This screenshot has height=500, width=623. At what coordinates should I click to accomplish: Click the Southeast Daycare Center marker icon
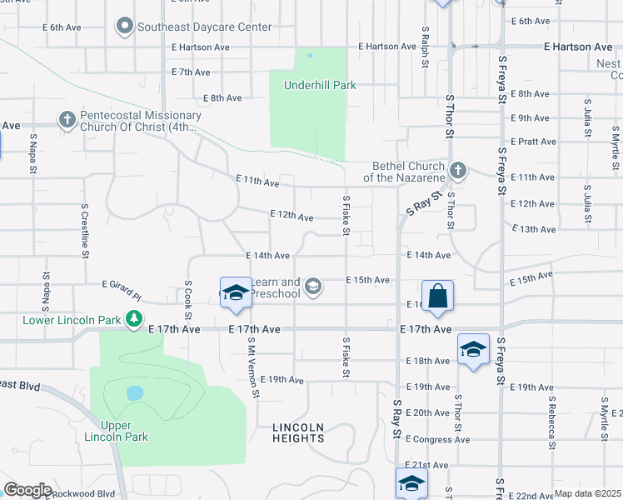click(125, 27)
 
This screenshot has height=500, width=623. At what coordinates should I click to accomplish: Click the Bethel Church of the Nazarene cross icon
click(456, 172)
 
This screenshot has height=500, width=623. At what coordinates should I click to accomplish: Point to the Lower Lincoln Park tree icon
click(133, 318)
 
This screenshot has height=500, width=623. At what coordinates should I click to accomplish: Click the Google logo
click(27, 490)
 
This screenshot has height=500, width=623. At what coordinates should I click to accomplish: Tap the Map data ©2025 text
click(587, 493)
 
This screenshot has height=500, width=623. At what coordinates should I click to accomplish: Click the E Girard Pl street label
click(122, 289)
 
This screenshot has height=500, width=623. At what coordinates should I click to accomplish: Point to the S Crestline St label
click(85, 230)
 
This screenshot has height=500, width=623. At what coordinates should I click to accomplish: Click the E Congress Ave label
click(437, 439)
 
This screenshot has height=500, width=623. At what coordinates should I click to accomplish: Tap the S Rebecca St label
click(551, 422)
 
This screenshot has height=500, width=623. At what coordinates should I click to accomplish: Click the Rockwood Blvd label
click(82, 493)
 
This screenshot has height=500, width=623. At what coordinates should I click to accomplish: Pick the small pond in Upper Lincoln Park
click(133, 392)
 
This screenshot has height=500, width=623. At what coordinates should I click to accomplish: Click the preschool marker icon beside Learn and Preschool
click(313, 287)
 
